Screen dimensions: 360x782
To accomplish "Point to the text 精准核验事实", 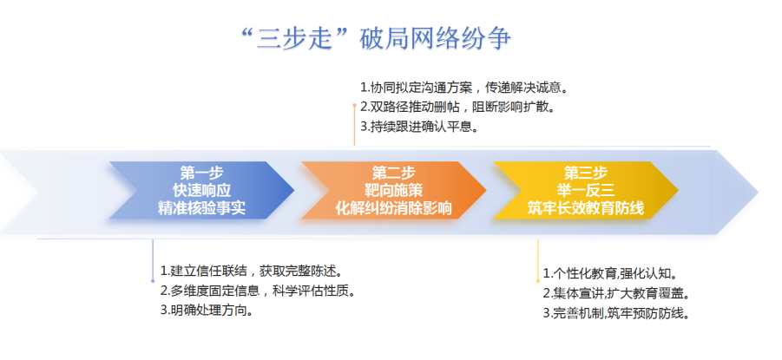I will (x=200, y=208).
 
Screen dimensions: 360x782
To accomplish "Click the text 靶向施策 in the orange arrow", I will (x=392, y=190).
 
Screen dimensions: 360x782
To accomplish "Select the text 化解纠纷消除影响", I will (x=393, y=208).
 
